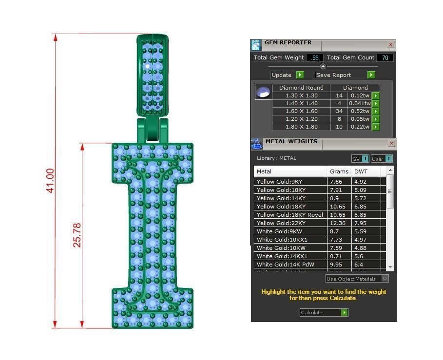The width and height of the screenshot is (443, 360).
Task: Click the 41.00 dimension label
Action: pyautogui.click(x=50, y=181)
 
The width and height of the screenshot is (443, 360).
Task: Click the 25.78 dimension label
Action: pyautogui.click(x=77, y=235)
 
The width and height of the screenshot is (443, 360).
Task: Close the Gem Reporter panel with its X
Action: pyautogui.click(x=390, y=44)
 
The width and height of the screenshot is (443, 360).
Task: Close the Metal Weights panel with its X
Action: pyautogui.click(x=391, y=144)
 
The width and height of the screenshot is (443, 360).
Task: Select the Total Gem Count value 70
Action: pyautogui.click(x=385, y=57)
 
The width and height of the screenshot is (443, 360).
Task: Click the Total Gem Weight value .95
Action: pyautogui.click(x=315, y=57)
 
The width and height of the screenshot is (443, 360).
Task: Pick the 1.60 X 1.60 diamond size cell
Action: pyautogui.click(x=301, y=111)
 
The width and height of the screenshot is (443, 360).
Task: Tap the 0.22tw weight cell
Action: pyautogui.click(x=360, y=127)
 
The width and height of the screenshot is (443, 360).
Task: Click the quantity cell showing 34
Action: pyautogui.click(x=339, y=111)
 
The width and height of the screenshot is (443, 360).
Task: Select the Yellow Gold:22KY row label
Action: pyautogui.click(x=281, y=223)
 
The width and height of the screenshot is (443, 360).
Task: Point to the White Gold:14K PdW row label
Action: pyautogui.click(x=285, y=265)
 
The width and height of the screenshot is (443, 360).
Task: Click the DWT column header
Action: pyautogui.click(x=361, y=171)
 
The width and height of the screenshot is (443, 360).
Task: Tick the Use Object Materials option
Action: pyautogui.click(x=385, y=279)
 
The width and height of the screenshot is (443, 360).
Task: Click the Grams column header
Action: pyautogui.click(x=339, y=171)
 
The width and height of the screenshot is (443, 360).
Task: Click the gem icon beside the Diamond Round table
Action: pyautogui.click(x=263, y=92)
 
